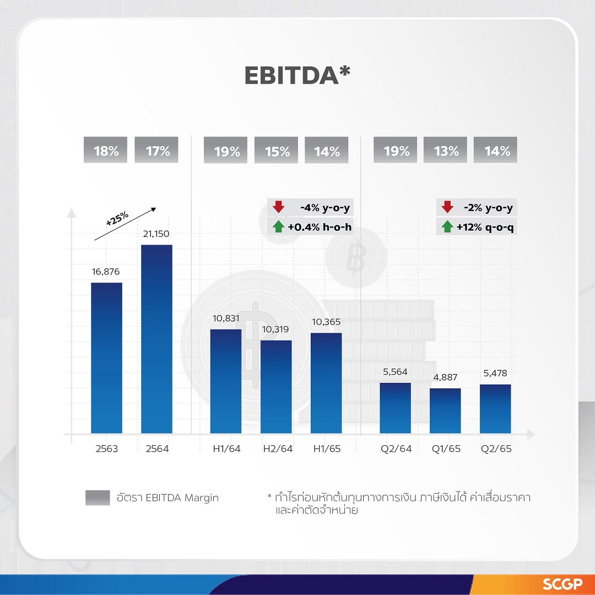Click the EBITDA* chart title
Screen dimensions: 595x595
tap(297, 76)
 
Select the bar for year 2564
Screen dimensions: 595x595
tap(156, 339)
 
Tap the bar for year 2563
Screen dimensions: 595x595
tap(106, 358)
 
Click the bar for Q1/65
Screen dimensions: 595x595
tap(445, 411)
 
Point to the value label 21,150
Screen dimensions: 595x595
tap(156, 234)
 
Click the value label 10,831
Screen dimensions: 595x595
tap(225, 318)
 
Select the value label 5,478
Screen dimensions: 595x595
tap(495, 374)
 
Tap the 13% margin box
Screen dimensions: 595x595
tap(446, 150)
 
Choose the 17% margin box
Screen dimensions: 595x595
tap(156, 150)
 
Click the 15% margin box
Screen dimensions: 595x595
tap(276, 150)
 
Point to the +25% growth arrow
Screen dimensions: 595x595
tap(125, 224)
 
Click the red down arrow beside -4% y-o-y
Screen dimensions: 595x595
tap(279, 208)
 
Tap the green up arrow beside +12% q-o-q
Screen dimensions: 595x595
tap(447, 226)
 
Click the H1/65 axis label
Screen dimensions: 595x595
tap(326, 449)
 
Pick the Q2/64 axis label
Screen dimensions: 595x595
tap(395, 449)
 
